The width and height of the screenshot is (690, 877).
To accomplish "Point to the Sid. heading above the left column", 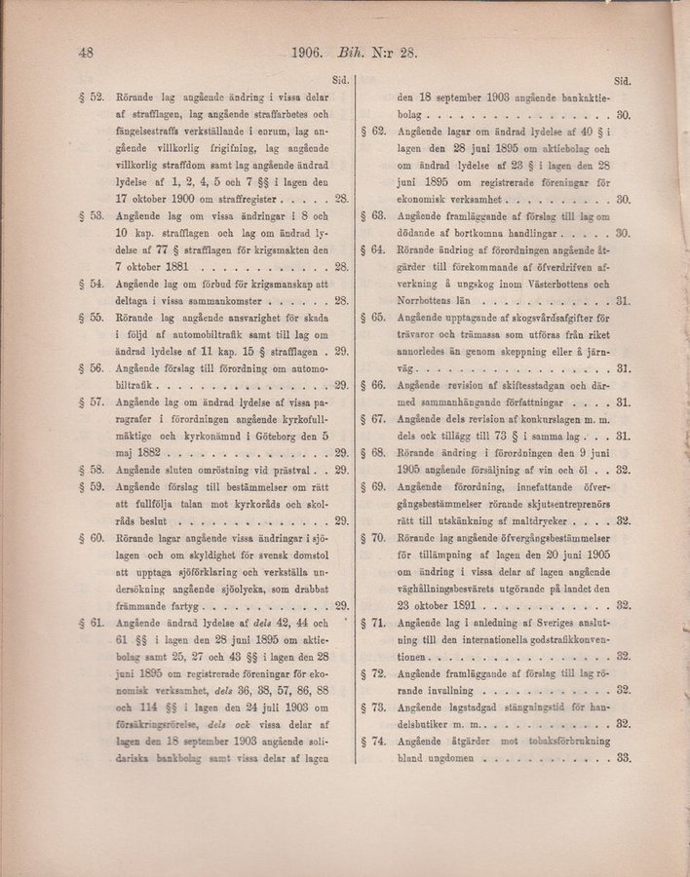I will (x=341, y=82).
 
